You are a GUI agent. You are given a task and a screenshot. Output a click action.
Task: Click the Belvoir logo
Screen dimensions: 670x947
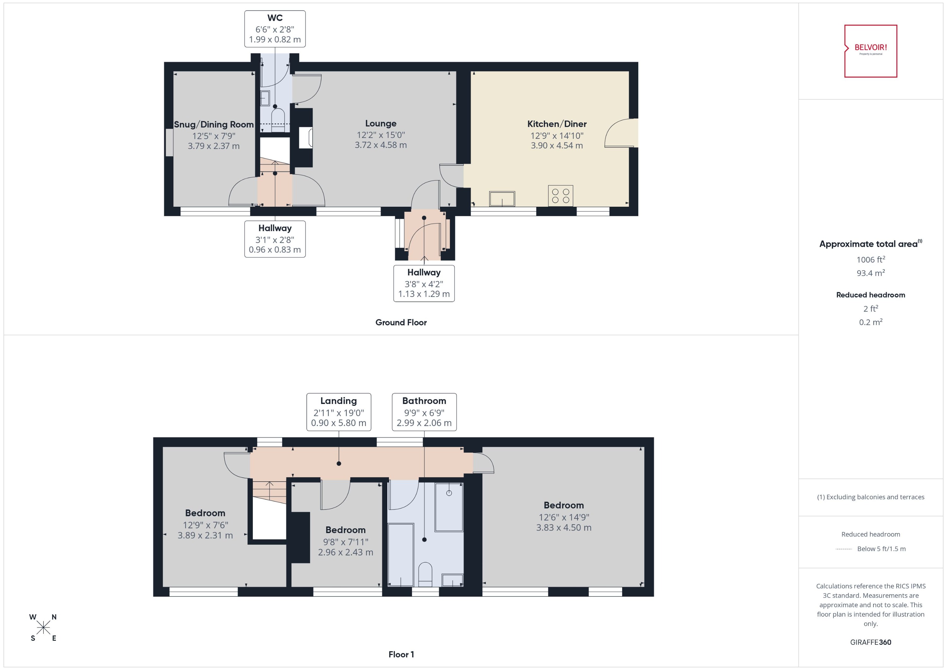(x=870, y=51)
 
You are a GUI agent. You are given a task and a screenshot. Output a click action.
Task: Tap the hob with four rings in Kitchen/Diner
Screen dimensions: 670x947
(x=560, y=196)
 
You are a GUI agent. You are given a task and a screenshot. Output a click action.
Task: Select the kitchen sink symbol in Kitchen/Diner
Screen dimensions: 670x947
(x=502, y=199)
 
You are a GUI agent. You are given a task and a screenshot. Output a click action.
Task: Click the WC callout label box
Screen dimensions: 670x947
(x=275, y=29)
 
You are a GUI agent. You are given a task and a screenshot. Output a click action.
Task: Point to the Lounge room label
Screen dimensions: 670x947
(x=380, y=123)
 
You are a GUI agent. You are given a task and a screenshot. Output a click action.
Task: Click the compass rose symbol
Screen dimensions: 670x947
(x=43, y=627)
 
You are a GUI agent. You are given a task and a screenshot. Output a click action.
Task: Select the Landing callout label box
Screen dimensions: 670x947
(x=338, y=412)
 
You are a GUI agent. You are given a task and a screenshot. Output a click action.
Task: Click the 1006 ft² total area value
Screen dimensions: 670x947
(x=870, y=259)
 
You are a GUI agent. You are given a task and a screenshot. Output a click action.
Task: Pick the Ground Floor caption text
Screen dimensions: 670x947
(x=401, y=322)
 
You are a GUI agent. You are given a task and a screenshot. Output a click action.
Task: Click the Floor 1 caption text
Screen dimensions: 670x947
(x=401, y=654)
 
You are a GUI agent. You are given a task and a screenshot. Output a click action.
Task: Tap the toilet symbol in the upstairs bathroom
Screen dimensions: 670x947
(x=425, y=574)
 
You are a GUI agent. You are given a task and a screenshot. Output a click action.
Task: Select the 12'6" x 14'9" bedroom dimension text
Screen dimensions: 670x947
(x=564, y=517)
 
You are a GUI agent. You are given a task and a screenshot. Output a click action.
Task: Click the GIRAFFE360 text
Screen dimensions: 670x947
(x=870, y=642)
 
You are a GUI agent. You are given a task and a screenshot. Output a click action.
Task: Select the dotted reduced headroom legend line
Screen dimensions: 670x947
(x=843, y=549)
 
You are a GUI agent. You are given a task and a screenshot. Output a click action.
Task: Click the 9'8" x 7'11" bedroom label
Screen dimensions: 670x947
(x=345, y=541)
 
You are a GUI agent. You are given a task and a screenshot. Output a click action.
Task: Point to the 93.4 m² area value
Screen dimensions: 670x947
(x=870, y=273)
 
